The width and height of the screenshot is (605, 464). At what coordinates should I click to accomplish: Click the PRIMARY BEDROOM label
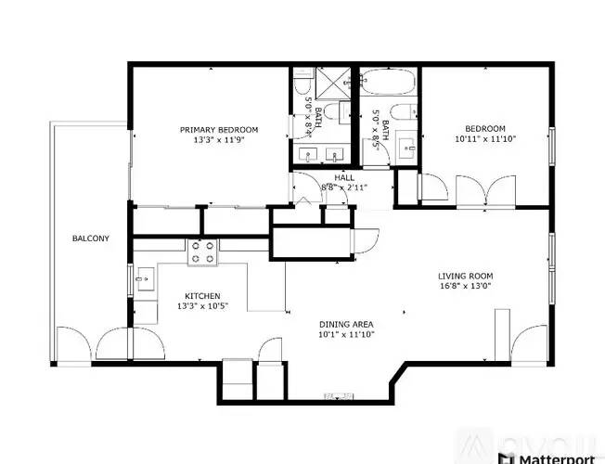click(x=219, y=129)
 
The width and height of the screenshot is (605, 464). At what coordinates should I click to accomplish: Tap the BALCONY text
click(x=91, y=238)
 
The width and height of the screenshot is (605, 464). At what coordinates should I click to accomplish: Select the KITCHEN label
click(x=195, y=296)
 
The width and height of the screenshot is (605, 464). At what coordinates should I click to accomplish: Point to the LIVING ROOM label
click(x=465, y=276)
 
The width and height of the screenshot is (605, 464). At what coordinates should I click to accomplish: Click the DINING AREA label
click(x=346, y=323)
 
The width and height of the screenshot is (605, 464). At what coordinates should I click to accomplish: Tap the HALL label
click(x=344, y=176)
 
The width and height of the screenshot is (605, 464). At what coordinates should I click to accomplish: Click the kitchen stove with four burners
click(x=202, y=251)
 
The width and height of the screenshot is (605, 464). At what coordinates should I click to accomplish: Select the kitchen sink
click(x=145, y=277)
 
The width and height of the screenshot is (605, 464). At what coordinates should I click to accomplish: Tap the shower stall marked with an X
click(x=328, y=84)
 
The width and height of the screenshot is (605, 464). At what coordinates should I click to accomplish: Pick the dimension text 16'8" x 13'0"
click(x=465, y=287)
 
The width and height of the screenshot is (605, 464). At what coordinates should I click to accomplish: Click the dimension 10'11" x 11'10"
click(x=485, y=139)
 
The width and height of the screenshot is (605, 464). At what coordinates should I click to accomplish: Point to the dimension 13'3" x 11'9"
click(x=219, y=140)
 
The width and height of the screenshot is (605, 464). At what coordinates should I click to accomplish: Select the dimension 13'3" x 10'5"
click(x=195, y=307)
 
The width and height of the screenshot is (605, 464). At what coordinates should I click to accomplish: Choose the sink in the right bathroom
click(x=409, y=148)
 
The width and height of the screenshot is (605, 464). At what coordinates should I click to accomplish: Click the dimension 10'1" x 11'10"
click(x=346, y=334)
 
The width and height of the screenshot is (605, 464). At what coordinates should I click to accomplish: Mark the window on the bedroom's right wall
click(x=551, y=145)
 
